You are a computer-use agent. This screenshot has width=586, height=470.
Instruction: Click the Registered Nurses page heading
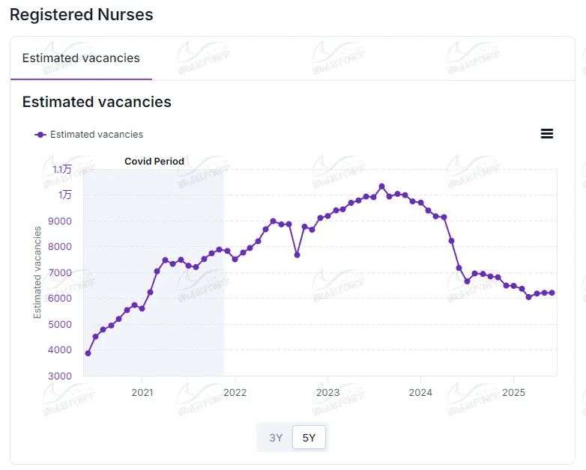[x=81, y=14]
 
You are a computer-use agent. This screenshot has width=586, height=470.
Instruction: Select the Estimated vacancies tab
[x=81, y=58]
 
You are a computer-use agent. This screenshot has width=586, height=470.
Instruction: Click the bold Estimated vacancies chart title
[x=97, y=102]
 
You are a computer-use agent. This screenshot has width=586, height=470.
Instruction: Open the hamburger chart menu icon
[x=547, y=134]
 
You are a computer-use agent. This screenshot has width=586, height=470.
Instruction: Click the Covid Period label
[x=154, y=161]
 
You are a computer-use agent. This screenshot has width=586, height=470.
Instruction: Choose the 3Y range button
[x=276, y=438]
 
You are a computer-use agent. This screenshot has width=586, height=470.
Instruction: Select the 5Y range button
[x=309, y=438]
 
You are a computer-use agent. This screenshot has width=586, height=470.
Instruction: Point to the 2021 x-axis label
[x=142, y=392]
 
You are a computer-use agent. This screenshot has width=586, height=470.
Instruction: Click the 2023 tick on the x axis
[x=327, y=392]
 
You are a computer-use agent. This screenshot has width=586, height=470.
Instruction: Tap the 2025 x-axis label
[x=513, y=392]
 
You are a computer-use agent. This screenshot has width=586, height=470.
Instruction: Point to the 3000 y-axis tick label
[x=60, y=376]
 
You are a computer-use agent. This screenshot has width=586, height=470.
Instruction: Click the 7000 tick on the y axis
[x=60, y=272]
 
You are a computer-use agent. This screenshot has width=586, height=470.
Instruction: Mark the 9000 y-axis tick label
[x=60, y=221]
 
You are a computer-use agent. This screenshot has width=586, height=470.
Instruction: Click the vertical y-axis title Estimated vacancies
[x=37, y=272]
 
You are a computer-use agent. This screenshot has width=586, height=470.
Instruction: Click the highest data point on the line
[x=381, y=186]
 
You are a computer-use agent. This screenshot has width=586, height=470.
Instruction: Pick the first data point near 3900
[x=88, y=353]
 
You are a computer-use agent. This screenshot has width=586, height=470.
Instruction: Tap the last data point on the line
[x=552, y=293]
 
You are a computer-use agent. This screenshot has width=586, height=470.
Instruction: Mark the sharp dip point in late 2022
[x=297, y=255]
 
